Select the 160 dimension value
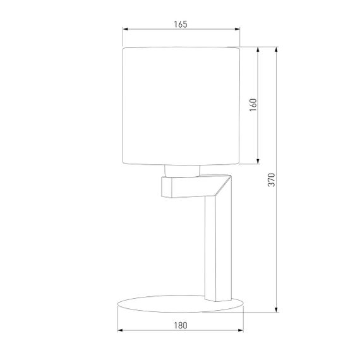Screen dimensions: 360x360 click(253, 104)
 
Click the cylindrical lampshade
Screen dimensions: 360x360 click(181, 104)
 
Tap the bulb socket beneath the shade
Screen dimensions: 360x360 click(181, 169)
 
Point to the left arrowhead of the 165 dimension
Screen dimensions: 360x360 click(124, 29)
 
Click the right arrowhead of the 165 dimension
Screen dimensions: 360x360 click(238, 29)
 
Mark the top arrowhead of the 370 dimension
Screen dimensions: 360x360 click(277, 49)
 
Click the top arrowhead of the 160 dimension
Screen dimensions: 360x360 click(258, 49)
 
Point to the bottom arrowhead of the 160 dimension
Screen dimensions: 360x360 click(258, 160)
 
